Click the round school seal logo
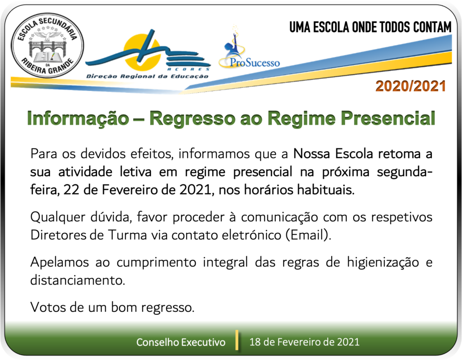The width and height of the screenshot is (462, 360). [x=47, y=46]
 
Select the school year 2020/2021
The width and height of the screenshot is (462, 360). [x=411, y=86]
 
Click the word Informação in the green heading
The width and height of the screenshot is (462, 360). [x=78, y=119]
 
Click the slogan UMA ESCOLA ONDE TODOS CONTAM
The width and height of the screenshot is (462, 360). [x=370, y=27]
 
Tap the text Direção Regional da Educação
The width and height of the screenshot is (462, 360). [x=147, y=76]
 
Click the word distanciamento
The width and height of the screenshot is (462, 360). [x=78, y=280]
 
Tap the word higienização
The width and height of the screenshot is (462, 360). [x=383, y=263]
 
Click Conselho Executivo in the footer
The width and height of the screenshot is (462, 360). [x=181, y=342]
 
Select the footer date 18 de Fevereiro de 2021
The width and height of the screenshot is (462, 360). [x=305, y=342]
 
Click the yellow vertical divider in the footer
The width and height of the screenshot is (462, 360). [x=237, y=340]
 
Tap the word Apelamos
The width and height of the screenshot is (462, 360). [x=60, y=263]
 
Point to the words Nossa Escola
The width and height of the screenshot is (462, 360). [x=333, y=154]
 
